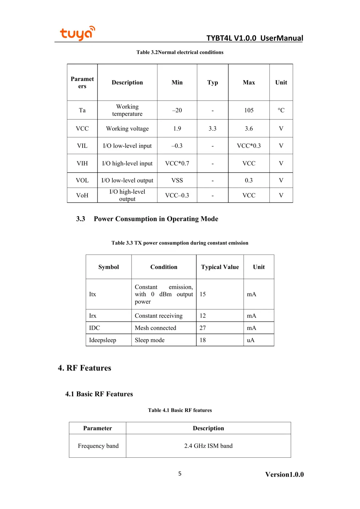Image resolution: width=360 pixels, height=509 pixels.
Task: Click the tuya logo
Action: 77,33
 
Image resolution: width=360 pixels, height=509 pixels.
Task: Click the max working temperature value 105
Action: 249,110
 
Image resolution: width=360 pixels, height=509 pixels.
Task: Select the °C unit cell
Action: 281,110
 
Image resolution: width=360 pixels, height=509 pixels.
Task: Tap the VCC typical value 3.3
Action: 212,129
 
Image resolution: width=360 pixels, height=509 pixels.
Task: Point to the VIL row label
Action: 82,146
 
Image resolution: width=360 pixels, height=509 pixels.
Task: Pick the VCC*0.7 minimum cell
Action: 177,164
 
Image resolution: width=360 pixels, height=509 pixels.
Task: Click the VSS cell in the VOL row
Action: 177,180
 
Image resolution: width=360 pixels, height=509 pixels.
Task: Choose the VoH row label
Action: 82,196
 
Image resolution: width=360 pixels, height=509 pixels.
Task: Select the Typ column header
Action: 213,83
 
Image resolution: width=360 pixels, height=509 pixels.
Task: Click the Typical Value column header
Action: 220,267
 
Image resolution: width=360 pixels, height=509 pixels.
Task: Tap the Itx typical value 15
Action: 203,294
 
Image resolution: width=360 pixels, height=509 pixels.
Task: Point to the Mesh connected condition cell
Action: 156,328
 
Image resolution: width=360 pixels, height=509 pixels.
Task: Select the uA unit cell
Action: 251,340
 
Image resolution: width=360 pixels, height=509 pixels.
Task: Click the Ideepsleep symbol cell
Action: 103,340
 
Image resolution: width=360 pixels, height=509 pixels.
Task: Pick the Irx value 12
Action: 203,316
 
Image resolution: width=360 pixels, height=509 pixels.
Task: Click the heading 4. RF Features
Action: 84,368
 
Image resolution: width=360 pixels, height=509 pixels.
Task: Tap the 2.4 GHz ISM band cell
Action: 208,446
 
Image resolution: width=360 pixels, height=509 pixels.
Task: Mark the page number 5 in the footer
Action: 180,473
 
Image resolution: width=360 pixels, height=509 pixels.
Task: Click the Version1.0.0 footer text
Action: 284,474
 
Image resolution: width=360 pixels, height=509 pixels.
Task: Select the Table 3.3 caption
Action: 180,243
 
